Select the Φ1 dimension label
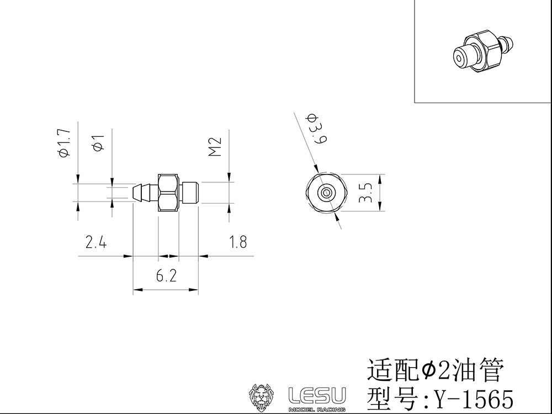(x=99, y=142)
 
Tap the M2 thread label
(x=215, y=146)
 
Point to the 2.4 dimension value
(x=95, y=242)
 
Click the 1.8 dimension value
(x=238, y=242)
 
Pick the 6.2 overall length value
(x=166, y=275)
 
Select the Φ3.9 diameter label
(x=317, y=128)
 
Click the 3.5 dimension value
(x=366, y=193)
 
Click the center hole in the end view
(x=326, y=193)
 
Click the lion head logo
(x=262, y=397)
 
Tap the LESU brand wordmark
(x=317, y=395)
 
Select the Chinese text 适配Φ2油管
(x=436, y=370)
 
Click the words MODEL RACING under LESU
(x=317, y=409)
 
